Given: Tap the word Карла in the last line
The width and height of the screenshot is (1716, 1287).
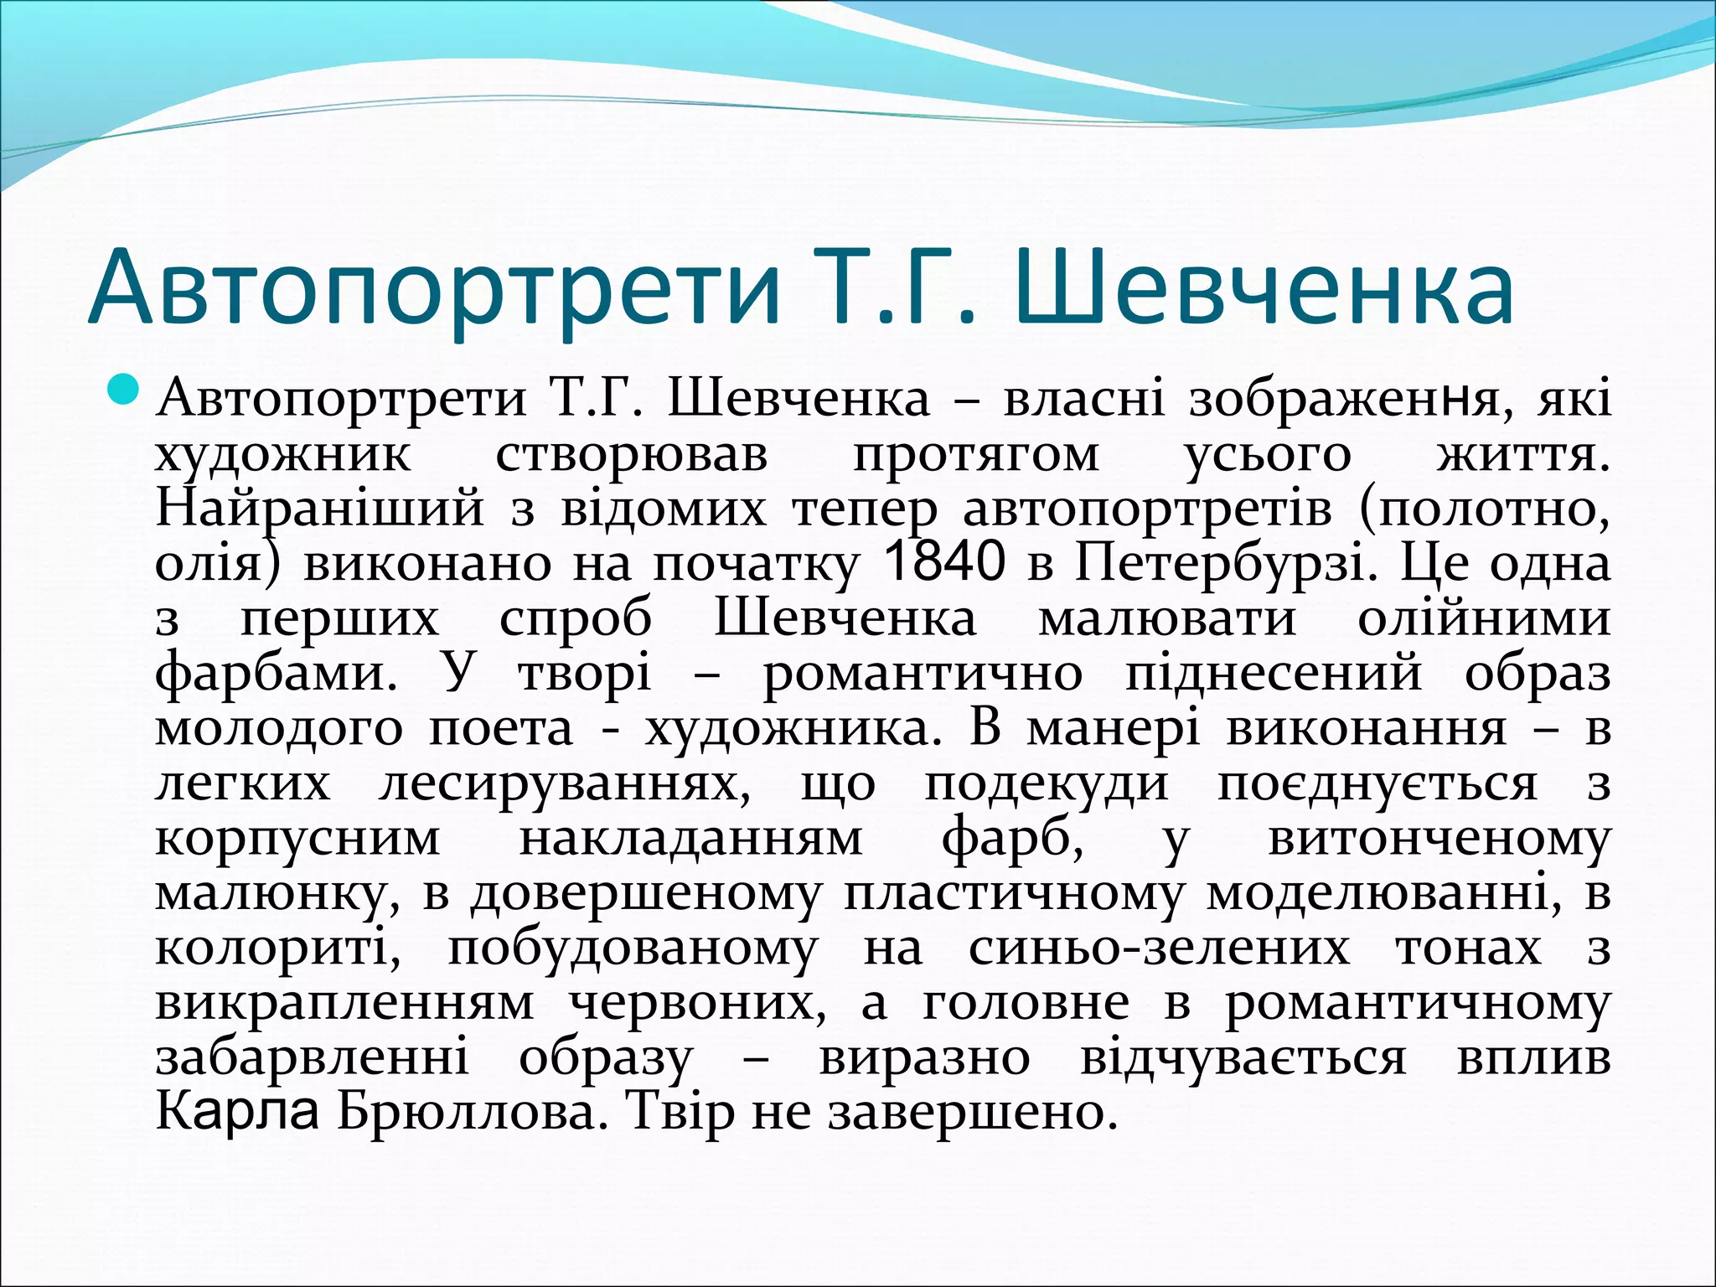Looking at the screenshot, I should pyautogui.click(x=237, y=1113).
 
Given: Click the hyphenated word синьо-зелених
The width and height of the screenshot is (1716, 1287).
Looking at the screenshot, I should pyautogui.click(x=1159, y=948).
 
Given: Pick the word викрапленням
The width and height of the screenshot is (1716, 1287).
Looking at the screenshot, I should pyautogui.click(x=344, y=1003).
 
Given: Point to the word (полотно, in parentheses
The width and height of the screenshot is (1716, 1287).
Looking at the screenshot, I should pyautogui.click(x=1485, y=508).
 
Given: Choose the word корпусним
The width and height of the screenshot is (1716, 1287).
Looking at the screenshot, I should pyautogui.click(x=297, y=839).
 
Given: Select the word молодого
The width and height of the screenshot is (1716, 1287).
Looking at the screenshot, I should pyautogui.click(x=279, y=727).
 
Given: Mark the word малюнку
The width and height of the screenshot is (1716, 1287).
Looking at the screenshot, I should pyautogui.click(x=277, y=894).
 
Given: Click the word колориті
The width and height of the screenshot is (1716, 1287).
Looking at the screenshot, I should pyautogui.click(x=277, y=948).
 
